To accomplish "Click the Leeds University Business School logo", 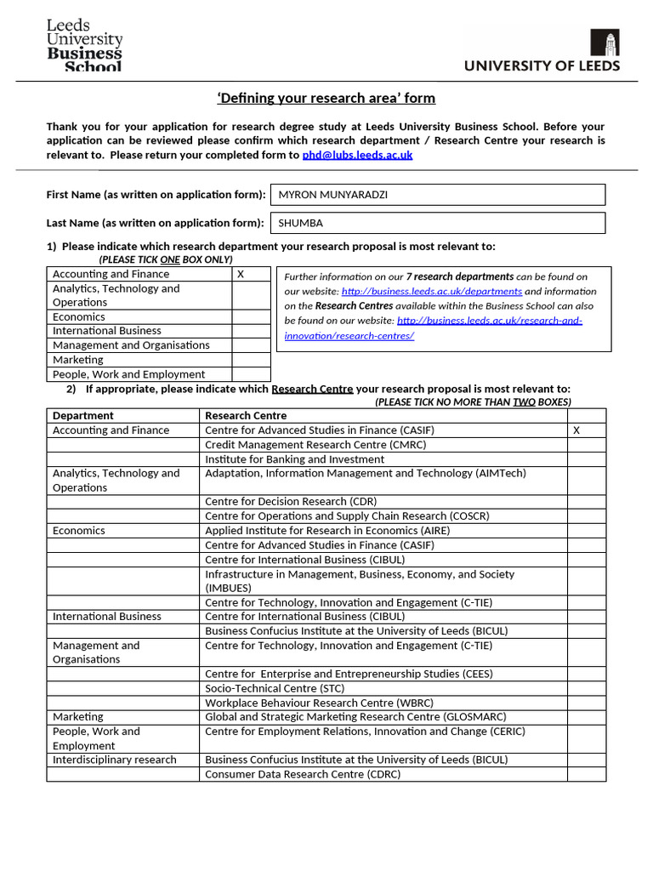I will (84, 46).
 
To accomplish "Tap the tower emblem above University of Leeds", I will (605, 43).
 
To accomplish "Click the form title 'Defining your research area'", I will (326, 99).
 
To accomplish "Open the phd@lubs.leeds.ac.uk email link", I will (357, 155).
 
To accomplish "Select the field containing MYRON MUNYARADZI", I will (437, 195).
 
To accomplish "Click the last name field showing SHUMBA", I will (437, 223).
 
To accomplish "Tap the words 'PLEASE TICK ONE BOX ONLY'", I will (165, 259).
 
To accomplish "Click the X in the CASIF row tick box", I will (576, 430).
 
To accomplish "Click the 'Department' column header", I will (82, 416).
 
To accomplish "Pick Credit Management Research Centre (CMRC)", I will (315, 445).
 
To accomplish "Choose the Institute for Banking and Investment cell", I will (294, 459).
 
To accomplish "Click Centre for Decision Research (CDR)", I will (291, 502).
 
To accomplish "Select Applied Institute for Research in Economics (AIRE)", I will (327, 531).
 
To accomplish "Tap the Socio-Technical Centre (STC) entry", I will (274, 688).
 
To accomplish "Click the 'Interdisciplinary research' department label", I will (115, 760).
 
